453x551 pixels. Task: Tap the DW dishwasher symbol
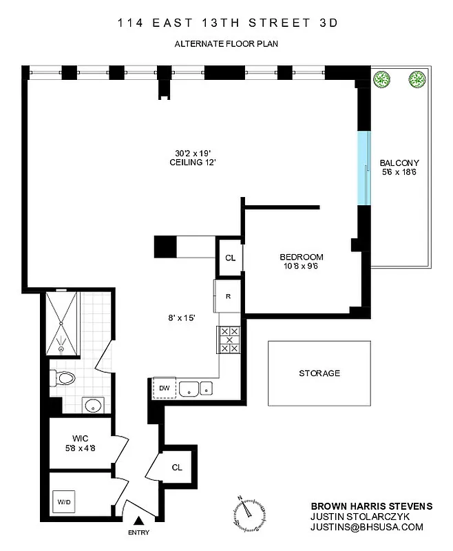point(164,388)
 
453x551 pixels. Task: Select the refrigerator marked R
point(228,296)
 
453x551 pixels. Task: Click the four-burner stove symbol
point(228,339)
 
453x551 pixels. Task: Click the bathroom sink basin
point(92,404)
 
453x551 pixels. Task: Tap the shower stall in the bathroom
point(62,323)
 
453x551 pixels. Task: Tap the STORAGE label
point(319,373)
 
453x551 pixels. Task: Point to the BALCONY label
point(399,163)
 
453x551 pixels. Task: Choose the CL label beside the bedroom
point(230,258)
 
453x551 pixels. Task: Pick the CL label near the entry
point(177,467)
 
